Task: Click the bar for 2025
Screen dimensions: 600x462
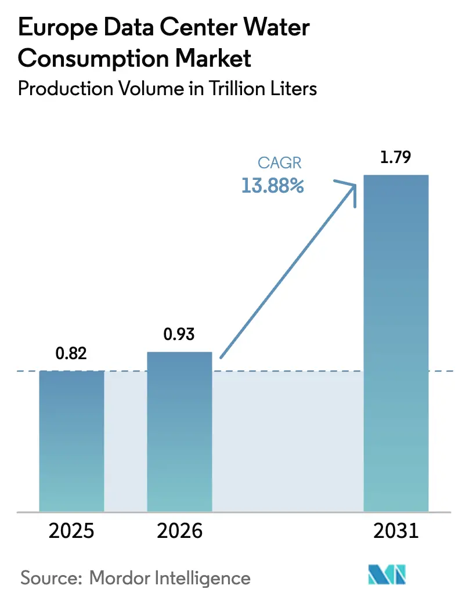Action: pos(71,441)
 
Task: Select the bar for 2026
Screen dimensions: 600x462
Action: pos(179,432)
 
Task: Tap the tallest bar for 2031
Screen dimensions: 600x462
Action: pos(395,343)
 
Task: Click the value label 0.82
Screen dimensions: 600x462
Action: pos(71,353)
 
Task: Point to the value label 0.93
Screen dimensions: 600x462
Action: pos(179,335)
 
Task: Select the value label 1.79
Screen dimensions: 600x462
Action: pos(395,157)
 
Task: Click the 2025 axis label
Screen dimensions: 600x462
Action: pos(71,532)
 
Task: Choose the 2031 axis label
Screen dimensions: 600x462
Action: pos(395,532)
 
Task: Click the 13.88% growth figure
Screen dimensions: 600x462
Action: pos(272,186)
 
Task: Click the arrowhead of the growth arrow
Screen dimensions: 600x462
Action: pos(352,188)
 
